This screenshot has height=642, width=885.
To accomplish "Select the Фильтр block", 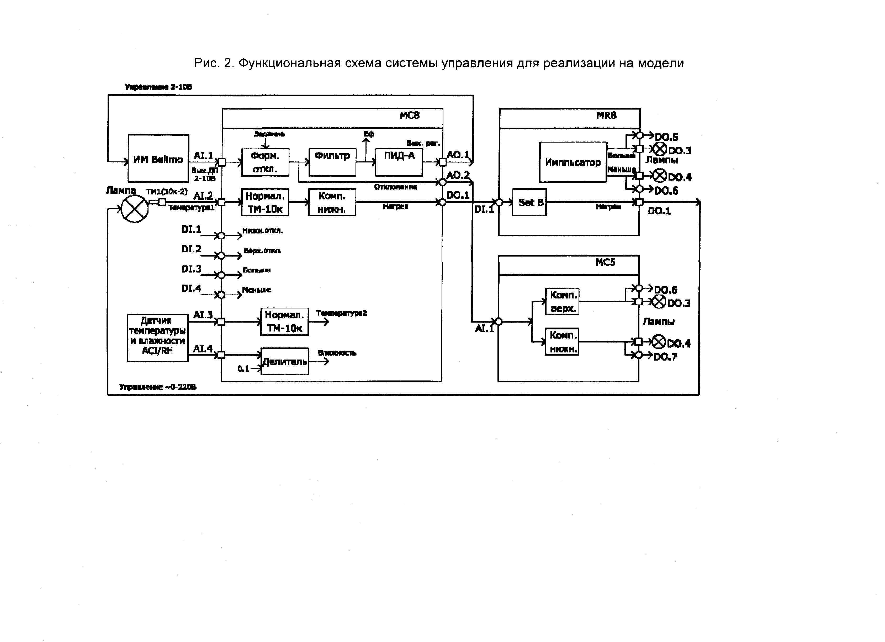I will [x=332, y=162].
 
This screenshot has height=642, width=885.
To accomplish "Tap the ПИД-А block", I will [x=399, y=162].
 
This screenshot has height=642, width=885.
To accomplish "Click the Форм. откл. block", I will [x=265, y=162].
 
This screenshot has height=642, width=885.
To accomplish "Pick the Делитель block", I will [x=284, y=361].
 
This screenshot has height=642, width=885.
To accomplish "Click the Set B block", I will [x=529, y=202].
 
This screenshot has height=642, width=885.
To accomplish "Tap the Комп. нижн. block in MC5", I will [x=562, y=341].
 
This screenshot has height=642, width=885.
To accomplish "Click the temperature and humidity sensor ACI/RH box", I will [x=158, y=338].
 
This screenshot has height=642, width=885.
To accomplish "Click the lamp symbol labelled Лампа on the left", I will [x=135, y=209].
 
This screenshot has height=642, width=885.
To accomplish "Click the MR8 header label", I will [x=606, y=115].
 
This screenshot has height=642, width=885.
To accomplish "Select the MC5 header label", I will [x=605, y=262].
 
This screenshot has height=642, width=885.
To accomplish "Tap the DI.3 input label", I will [x=192, y=269].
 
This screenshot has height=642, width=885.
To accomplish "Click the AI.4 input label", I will [x=203, y=349].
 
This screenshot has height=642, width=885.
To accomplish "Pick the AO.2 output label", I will [x=458, y=175].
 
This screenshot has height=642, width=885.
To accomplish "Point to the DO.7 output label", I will [x=665, y=357].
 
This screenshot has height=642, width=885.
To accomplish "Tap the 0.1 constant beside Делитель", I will [x=243, y=369].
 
